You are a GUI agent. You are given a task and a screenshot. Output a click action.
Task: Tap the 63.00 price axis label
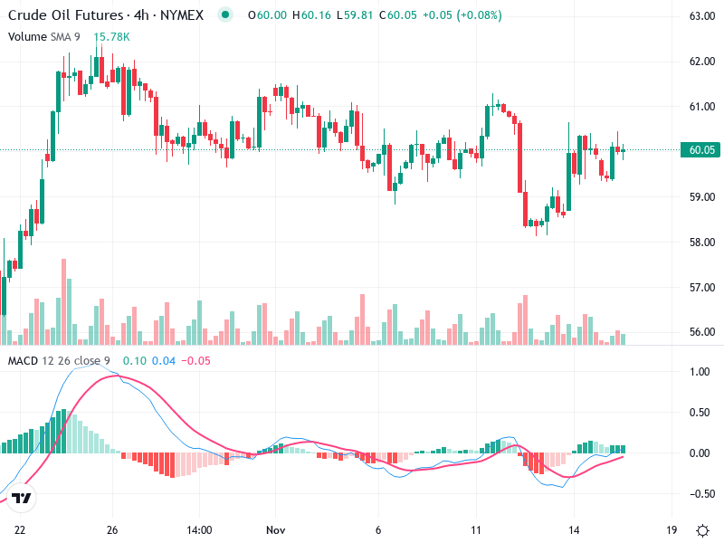coord(702,16)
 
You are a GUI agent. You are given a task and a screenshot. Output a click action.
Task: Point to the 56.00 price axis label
coord(702,332)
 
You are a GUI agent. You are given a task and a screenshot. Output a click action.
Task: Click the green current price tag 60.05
coord(702,150)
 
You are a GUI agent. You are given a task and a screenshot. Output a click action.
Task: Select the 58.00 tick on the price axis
coord(702,243)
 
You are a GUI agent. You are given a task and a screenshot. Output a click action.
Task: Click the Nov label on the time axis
coord(276,529)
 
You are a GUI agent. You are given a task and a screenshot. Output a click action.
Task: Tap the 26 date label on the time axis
coord(112,529)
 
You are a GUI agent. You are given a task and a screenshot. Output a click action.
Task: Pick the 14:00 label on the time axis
coord(198,529)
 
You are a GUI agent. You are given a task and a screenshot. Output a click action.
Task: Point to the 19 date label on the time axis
coord(671,529)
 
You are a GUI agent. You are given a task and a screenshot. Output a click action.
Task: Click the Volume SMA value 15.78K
coord(112,36)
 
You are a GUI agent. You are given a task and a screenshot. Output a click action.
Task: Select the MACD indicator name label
coord(24,361)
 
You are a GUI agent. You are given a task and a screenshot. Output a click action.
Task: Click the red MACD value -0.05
coord(196,361)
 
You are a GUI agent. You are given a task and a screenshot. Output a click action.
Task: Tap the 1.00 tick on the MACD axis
coord(700,372)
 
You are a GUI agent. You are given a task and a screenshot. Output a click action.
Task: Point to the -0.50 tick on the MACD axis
coord(699,494)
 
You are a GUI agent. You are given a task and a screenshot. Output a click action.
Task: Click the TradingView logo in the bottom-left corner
coord(23,499)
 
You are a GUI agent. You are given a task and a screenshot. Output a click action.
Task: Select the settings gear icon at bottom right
coord(702,529)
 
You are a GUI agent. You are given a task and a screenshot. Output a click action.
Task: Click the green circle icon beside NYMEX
coord(225,15)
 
